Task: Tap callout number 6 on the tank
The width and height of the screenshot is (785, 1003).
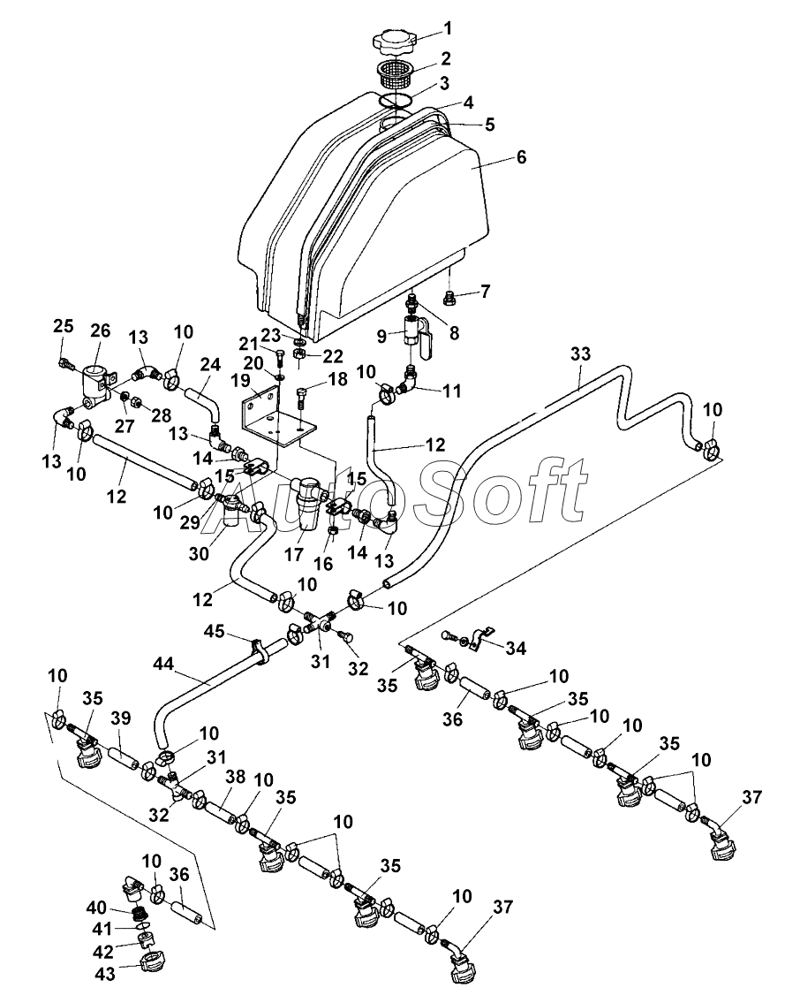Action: [x=521, y=157]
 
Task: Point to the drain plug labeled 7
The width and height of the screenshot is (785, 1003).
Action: [x=449, y=299]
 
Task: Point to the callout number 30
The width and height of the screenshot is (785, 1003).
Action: [x=213, y=554]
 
